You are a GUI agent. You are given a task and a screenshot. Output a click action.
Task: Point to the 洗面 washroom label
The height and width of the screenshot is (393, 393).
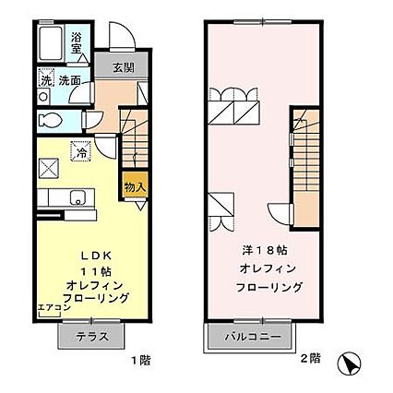click(x=70, y=80)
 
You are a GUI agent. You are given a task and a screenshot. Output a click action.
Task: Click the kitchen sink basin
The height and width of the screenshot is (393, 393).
click(x=77, y=196)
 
